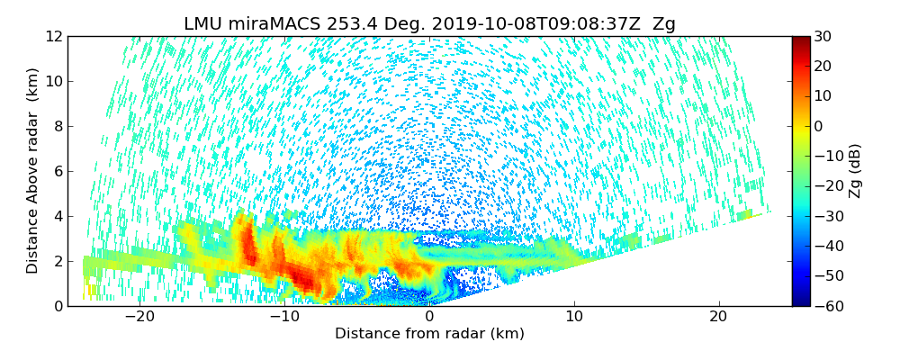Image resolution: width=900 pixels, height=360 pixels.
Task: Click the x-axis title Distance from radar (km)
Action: [x=429, y=334]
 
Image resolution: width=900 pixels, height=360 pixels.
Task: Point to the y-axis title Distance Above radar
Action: [x=33, y=170]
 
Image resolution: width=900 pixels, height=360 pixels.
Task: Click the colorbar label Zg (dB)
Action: [x=856, y=170]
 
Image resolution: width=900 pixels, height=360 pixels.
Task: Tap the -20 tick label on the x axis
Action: [x=139, y=317]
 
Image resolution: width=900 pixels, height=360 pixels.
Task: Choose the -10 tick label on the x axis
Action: [x=284, y=317]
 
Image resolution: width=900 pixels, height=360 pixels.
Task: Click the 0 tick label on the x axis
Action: [x=429, y=317]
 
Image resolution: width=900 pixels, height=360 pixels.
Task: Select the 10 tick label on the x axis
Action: [x=574, y=317]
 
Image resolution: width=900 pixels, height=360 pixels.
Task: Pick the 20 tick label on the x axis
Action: [x=718, y=317]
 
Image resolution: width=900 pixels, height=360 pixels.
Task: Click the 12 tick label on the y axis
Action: [x=53, y=36]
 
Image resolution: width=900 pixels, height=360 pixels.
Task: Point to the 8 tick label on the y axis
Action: [x=57, y=126]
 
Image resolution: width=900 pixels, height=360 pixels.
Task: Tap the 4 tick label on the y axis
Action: [x=57, y=216]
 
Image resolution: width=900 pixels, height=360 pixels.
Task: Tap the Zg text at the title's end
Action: [x=664, y=24]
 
